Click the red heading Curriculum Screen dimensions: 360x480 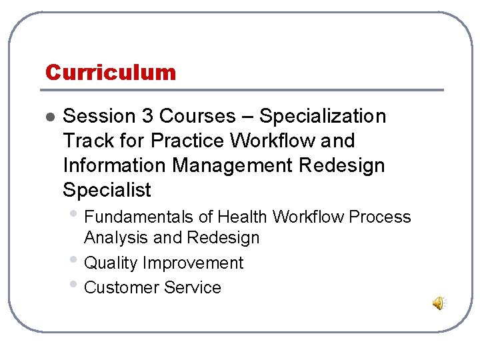coord(110,72)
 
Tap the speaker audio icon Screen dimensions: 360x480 coord(439,304)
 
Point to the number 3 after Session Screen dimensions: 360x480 coord(147,116)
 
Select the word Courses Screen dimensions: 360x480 coord(197,116)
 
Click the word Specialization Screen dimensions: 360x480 coord(323,116)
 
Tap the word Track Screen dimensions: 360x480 coord(86,141)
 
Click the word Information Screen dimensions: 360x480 coord(112,165)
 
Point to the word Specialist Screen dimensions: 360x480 coord(107,190)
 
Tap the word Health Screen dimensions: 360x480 coord(243,217)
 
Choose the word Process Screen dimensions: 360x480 coord(381,217)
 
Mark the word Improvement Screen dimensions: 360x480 coord(193,263)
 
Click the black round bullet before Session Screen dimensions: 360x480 coord(48,117)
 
